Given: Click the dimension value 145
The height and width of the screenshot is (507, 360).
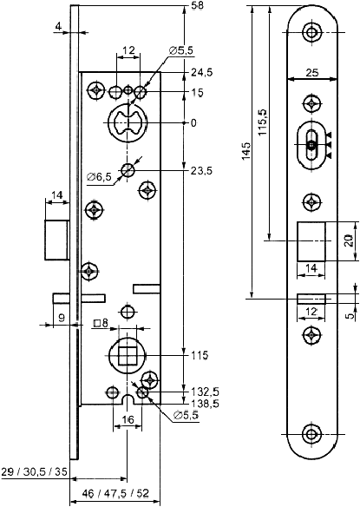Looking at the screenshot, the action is (x=246, y=150).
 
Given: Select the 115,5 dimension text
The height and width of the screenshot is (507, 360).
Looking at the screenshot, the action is (x=262, y=122).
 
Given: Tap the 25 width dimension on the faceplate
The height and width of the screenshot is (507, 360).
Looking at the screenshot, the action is (x=311, y=72).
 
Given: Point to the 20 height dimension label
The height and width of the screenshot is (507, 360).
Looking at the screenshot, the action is (x=348, y=240).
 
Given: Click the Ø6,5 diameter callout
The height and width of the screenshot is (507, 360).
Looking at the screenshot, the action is (x=99, y=176).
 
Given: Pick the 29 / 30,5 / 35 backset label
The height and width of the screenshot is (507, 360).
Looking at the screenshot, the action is (x=34, y=471).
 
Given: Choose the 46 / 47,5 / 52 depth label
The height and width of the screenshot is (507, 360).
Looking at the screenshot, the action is (x=115, y=493).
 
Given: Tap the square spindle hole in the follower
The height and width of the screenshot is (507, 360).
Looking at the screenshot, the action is (x=128, y=355).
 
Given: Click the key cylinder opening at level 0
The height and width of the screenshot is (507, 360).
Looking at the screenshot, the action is (x=128, y=122).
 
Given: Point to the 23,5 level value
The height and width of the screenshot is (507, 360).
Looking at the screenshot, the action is (x=201, y=170).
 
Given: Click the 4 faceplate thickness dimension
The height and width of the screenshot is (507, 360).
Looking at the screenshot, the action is (x=58, y=27).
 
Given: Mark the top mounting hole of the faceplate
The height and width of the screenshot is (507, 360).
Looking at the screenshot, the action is (x=311, y=32).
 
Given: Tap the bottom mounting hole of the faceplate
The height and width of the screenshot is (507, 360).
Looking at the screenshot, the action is (x=311, y=434).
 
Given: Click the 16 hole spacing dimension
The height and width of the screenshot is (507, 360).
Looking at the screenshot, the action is (x=128, y=419).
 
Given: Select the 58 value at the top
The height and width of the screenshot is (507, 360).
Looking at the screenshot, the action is (x=198, y=6).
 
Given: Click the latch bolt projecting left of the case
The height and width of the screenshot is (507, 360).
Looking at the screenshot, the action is (x=57, y=240).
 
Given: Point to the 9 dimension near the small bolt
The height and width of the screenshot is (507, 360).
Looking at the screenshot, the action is (x=62, y=318).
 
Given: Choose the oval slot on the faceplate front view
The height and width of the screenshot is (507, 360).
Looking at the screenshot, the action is (x=311, y=145).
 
